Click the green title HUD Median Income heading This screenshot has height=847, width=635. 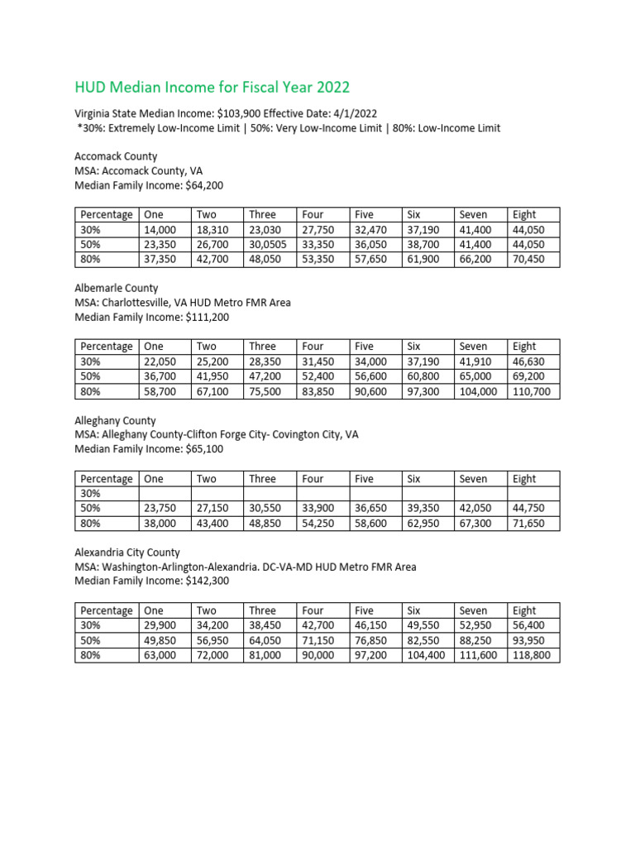pos(212,87)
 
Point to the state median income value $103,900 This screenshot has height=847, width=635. pos(230,113)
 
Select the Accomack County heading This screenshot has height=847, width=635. pos(116,156)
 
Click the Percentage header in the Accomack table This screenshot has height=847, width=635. pos(107,215)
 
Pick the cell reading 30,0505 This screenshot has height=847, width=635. pos(269,245)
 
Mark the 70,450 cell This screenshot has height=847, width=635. pos(530,260)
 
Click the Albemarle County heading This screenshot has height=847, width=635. pos(117,289)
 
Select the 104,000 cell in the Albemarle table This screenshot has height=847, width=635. pos(478,391)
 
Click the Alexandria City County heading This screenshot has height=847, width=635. pos(127,553)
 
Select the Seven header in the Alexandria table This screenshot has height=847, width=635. pos(474,610)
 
